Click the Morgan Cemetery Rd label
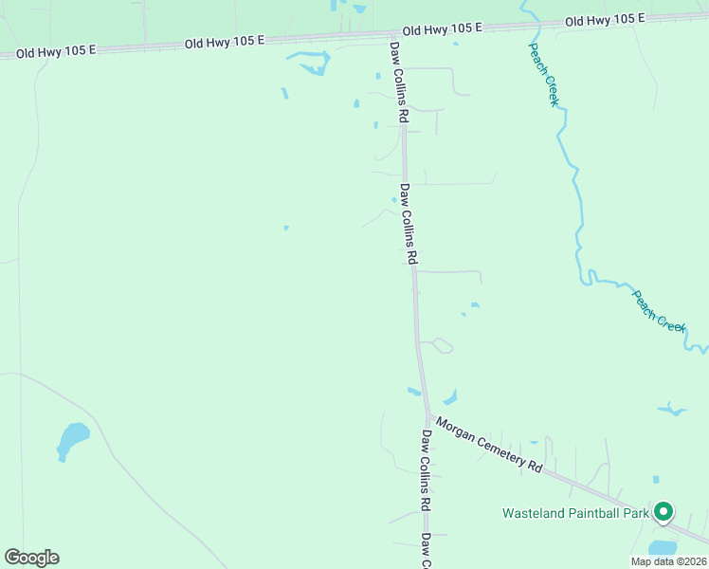[x=488, y=447]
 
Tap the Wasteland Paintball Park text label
[x=574, y=514]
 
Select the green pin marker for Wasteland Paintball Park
[x=664, y=513]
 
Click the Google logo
[x=31, y=558]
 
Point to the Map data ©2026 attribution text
[x=667, y=561]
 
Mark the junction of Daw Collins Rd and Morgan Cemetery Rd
[x=427, y=416]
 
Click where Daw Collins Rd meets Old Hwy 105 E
[x=390, y=34]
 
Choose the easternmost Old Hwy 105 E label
[x=604, y=20]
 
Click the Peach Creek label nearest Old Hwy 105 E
[x=544, y=74]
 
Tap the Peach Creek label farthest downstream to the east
[x=659, y=310]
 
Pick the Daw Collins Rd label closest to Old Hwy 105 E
[x=397, y=82]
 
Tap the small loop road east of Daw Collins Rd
[x=442, y=345]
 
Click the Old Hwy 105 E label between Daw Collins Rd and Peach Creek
[x=442, y=30]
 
